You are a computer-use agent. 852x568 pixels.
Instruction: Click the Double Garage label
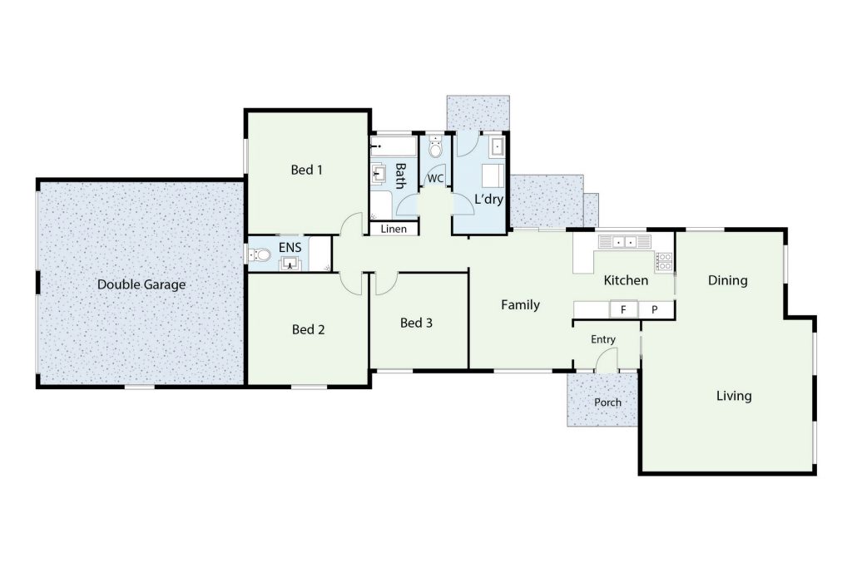tap(141, 284)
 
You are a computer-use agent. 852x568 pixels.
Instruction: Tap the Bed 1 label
tap(306, 170)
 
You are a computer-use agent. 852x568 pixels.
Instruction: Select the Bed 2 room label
tap(308, 329)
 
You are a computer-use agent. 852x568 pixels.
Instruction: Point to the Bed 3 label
tap(416, 324)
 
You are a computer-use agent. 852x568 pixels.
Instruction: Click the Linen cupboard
tap(394, 229)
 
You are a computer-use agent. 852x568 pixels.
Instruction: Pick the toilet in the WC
tap(435, 148)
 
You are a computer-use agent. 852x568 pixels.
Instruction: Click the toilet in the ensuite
tap(260, 254)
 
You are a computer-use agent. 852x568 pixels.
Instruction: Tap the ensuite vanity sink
tap(290, 264)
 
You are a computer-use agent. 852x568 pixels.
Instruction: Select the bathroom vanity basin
tap(379, 175)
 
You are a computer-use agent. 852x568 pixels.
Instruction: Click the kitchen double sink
tap(624, 241)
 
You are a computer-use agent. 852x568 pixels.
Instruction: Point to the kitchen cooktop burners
tap(664, 261)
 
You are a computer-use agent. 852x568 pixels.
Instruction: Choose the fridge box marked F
tap(623, 309)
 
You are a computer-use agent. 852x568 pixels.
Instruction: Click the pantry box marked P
tap(656, 309)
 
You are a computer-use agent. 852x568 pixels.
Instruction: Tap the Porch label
tap(607, 403)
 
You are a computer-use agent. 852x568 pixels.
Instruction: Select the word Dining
tap(727, 280)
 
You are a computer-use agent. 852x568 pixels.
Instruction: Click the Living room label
tap(734, 396)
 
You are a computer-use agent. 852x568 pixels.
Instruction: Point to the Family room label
tap(520, 305)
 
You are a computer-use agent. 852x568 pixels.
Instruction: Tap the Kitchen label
tap(626, 280)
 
